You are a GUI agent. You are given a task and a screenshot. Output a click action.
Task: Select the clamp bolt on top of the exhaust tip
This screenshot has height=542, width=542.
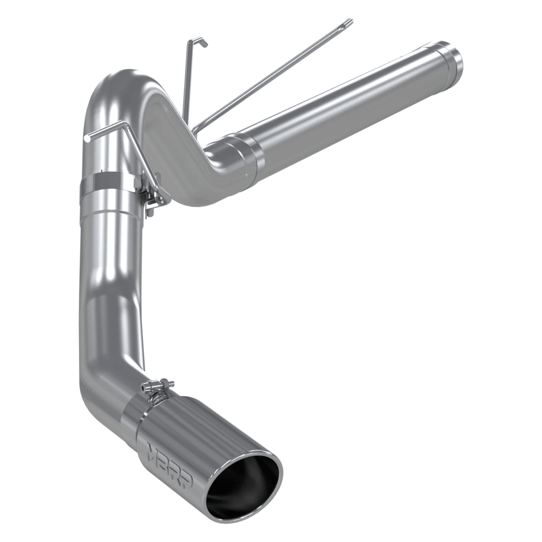click(x=158, y=387)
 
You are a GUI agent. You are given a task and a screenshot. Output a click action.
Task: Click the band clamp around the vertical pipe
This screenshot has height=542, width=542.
click(x=108, y=185)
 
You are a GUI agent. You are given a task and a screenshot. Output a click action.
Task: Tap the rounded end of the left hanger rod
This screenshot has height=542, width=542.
click(x=87, y=137)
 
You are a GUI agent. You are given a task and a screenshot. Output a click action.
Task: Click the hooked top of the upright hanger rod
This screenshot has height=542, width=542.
click(x=199, y=41)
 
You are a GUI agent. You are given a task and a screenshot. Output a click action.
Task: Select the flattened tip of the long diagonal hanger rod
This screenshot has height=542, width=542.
click(x=348, y=23)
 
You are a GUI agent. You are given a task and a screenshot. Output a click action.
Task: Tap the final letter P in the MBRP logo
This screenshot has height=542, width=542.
click(x=185, y=479)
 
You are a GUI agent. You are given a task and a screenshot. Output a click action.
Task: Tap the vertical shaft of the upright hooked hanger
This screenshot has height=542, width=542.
click(x=187, y=86)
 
